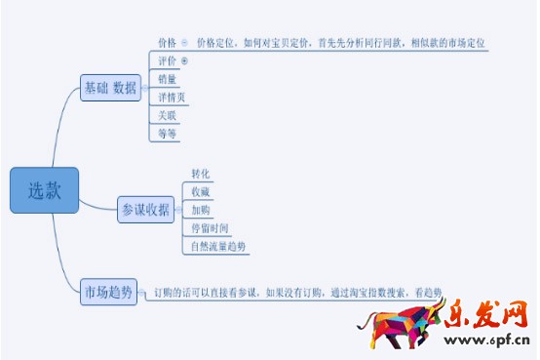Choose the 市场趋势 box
[x=107, y=291]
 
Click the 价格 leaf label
[x=167, y=43]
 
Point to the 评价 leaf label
[x=167, y=60]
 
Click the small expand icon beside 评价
[x=184, y=60]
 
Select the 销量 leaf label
[x=167, y=79]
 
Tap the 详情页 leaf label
[x=172, y=98]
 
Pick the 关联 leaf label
[x=167, y=115]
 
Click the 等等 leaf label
[x=167, y=134]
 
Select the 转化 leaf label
[x=200, y=174]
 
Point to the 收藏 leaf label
[x=200, y=191]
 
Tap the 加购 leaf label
[x=200, y=210]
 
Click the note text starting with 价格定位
[x=340, y=43]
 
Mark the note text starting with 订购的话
[x=291, y=292]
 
